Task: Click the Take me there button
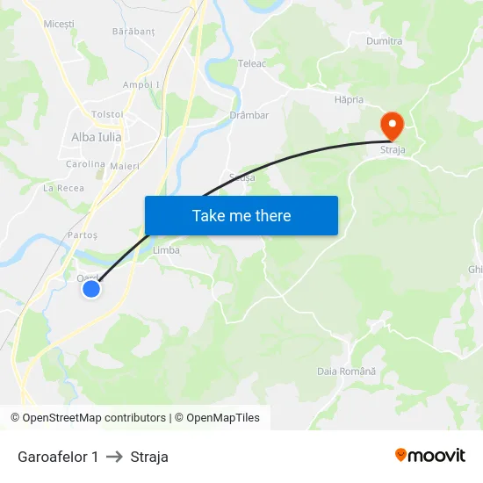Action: click(x=241, y=215)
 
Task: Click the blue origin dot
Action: click(x=91, y=287)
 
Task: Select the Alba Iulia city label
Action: click(x=97, y=137)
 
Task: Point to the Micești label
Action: click(x=59, y=24)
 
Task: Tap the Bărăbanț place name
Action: click(x=133, y=31)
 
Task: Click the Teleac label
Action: click(x=252, y=63)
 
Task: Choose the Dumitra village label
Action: click(x=384, y=41)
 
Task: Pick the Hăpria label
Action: click(x=349, y=100)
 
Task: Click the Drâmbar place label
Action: click(x=249, y=115)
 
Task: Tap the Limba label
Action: click(x=166, y=250)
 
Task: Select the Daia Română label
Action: click(x=346, y=371)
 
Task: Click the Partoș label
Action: click(x=82, y=235)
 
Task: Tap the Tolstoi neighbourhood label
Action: click(x=107, y=114)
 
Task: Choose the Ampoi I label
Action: click(x=141, y=84)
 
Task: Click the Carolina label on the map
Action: click(x=85, y=164)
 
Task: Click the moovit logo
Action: click(x=430, y=455)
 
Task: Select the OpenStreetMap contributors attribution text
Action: click(x=94, y=418)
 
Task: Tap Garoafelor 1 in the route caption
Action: click(x=58, y=457)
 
